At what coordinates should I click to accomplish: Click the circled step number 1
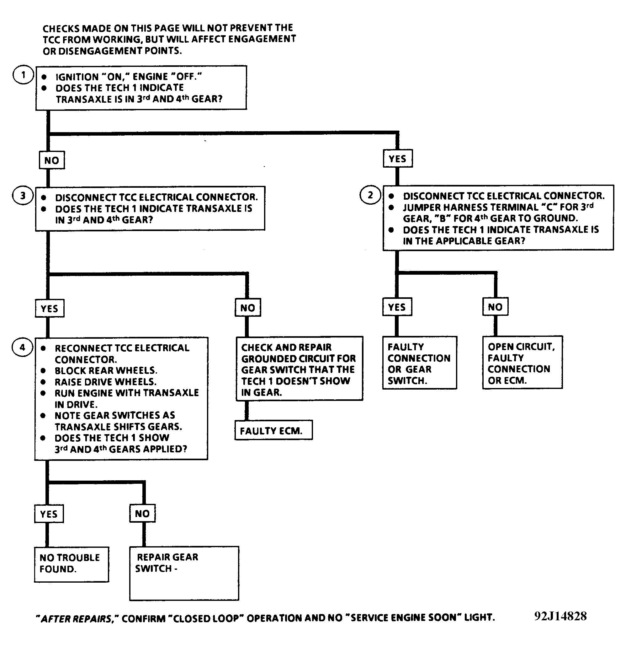pos(23,75)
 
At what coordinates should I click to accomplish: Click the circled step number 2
pos(370,195)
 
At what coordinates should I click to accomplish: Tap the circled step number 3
pos(23,196)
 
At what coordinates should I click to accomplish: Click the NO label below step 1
pos(52,160)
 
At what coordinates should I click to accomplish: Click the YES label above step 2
pos(397,159)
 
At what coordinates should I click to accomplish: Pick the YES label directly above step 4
pos(50,308)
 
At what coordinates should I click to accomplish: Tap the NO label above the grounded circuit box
pos(248,308)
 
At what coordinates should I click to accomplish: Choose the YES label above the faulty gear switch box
pos(397,307)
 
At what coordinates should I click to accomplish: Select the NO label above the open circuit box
pos(496,307)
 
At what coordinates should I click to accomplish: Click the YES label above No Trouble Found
pos(49,514)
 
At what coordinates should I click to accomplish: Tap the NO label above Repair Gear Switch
pos(142,513)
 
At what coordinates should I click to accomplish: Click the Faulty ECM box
pos(273,430)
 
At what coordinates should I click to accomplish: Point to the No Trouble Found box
pos(72,564)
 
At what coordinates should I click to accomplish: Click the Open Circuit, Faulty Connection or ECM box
pos(523,363)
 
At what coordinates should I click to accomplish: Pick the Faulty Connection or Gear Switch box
pos(420,363)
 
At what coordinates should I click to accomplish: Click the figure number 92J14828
pos(560,616)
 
